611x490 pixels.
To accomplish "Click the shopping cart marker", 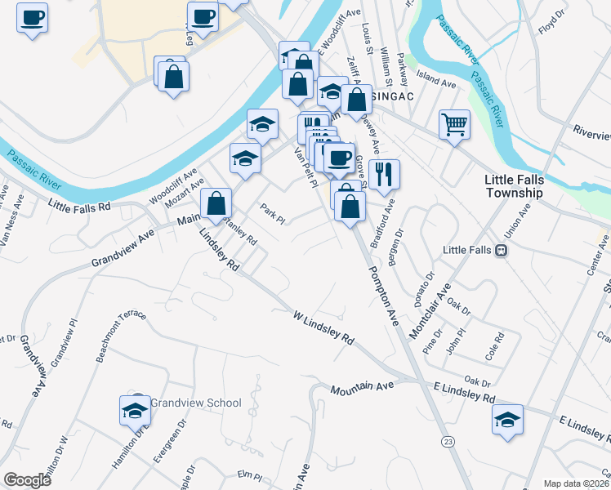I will [x=454, y=125].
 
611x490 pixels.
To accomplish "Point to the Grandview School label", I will [x=196, y=403].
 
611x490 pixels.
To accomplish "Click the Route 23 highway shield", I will [x=448, y=442].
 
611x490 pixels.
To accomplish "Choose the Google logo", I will [x=27, y=479].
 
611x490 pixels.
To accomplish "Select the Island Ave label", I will [x=435, y=83].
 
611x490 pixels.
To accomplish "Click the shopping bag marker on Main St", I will [x=217, y=204].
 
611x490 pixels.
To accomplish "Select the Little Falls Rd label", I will [x=79, y=207].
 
